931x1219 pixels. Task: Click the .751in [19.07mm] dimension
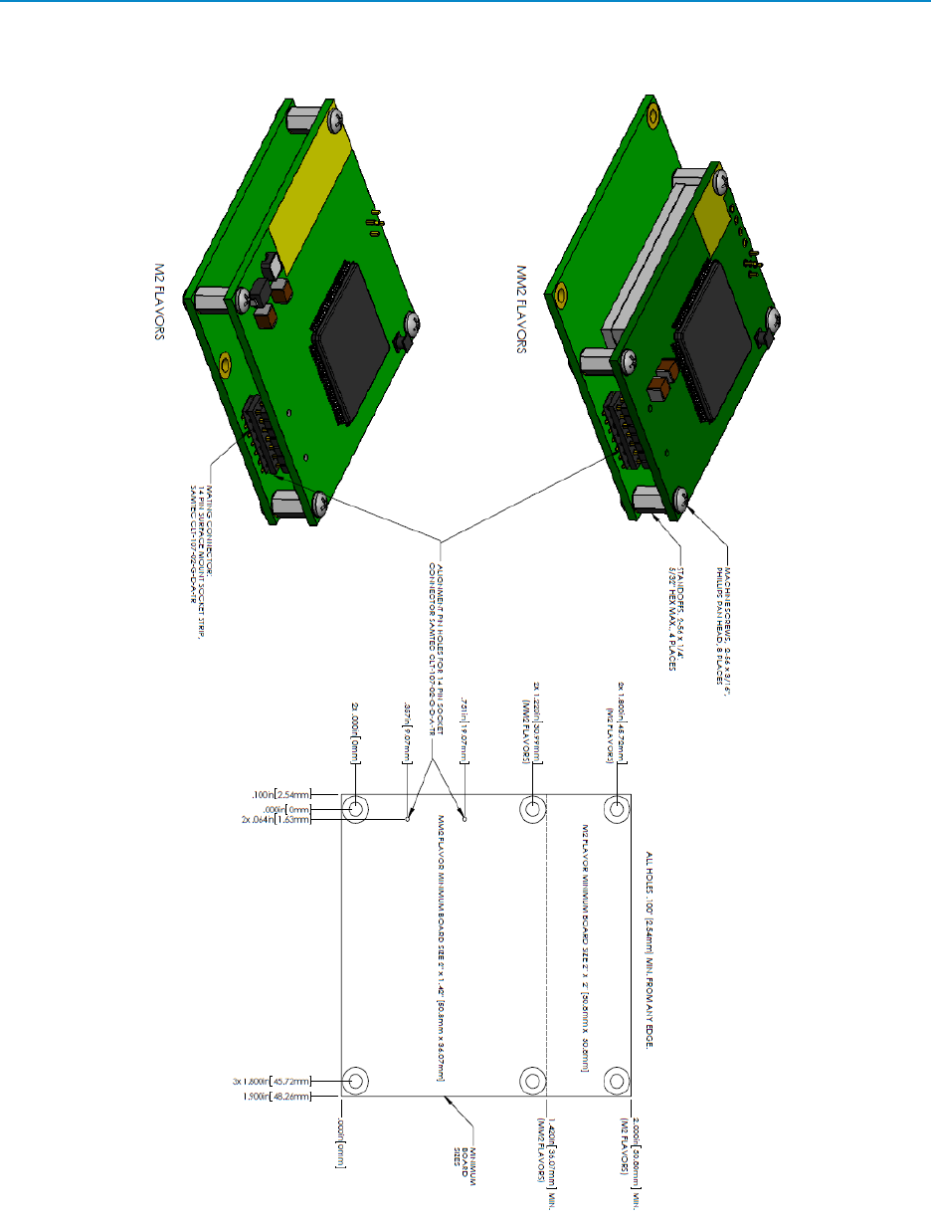click(464, 740)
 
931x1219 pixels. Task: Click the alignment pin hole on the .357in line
click(407, 821)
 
